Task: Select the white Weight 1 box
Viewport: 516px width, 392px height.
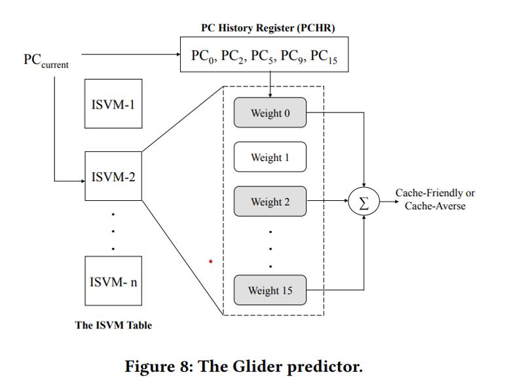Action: point(270,157)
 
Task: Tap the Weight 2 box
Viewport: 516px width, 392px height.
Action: point(270,202)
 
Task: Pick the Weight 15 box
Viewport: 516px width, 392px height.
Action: point(270,290)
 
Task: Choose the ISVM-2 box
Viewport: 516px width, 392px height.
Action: point(113,176)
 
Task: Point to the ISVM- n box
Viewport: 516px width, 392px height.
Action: point(113,282)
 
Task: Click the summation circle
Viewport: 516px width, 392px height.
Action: point(364,202)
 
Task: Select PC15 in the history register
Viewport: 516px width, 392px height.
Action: point(323,57)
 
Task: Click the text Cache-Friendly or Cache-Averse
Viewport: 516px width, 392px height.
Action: point(435,199)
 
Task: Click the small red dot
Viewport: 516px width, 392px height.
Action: point(210,262)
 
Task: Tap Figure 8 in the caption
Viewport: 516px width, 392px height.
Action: point(157,366)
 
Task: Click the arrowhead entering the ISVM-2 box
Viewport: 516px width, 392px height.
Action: point(82,180)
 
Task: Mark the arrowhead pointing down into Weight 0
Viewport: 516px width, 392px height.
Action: point(270,95)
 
